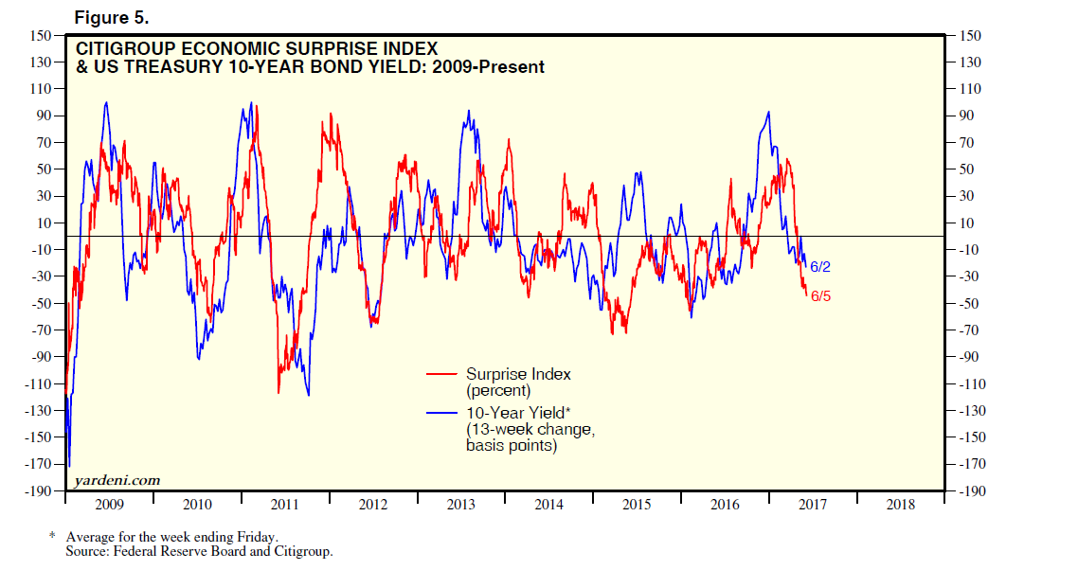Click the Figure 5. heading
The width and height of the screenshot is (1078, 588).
pos(110,18)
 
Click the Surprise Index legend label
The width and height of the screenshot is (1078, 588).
pos(518,374)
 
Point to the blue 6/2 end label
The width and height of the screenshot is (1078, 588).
pos(820,267)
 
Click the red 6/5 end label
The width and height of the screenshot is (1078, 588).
pos(820,297)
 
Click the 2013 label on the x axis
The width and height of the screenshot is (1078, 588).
pos(461,505)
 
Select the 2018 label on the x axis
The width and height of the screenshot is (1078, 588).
pos(901,505)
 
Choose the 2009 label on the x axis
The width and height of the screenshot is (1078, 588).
pos(110,505)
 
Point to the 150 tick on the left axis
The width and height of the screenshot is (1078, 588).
pos(39,36)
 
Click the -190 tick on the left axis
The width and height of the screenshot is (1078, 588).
pos(37,491)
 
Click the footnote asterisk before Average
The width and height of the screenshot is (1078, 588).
pos(52,536)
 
